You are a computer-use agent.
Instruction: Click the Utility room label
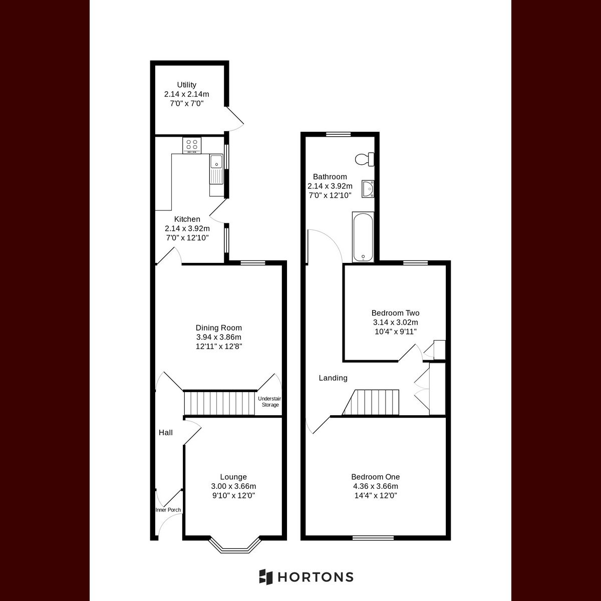tap(186, 85)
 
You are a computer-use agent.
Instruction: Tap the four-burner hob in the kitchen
tap(192, 145)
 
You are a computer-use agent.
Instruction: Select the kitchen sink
tap(216, 162)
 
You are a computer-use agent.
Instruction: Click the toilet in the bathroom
tap(363, 159)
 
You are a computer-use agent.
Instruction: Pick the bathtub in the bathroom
tap(363, 237)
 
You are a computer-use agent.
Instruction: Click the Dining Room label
tap(218, 328)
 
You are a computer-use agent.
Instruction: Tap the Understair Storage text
tap(270, 402)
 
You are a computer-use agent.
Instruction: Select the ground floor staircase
tap(219, 403)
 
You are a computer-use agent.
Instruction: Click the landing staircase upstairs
tap(373, 403)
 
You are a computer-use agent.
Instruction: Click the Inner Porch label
tap(168, 510)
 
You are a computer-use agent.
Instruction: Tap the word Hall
tap(166, 432)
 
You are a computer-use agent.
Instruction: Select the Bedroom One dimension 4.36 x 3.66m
tap(375, 486)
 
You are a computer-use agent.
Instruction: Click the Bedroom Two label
tap(395, 313)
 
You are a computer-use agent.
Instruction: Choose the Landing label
tap(333, 378)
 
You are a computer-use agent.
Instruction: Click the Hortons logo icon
tap(265, 576)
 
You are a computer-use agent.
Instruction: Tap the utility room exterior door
tap(234, 118)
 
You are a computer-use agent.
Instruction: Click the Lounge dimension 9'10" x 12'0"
tap(233, 495)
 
